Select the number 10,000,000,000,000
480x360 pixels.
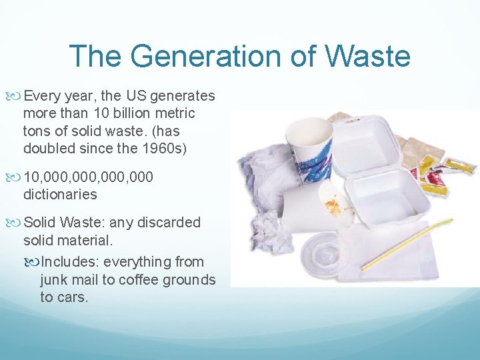[88, 177]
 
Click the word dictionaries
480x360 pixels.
[60, 195]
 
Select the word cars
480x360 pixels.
[72, 297]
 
